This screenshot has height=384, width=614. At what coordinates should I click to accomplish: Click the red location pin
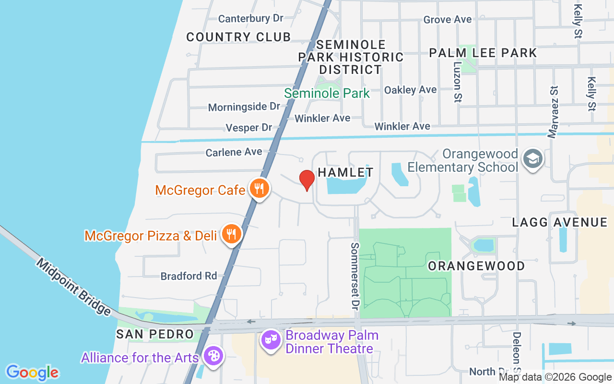tap(307, 180)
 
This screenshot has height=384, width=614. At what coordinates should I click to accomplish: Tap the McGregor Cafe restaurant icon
tap(259, 189)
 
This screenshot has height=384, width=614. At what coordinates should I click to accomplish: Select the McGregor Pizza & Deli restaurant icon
tap(232, 234)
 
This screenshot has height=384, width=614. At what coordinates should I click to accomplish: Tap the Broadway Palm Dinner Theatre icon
tap(271, 340)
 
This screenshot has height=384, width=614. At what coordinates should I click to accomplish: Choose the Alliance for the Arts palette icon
tap(212, 357)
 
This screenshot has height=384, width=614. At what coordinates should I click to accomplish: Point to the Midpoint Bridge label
tap(73, 287)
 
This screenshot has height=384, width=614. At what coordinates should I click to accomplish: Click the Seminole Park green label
tap(327, 93)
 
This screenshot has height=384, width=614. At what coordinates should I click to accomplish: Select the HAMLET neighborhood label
tap(345, 172)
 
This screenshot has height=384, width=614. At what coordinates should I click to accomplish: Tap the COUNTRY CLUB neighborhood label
tap(238, 37)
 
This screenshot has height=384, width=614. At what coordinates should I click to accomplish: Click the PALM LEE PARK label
tap(483, 53)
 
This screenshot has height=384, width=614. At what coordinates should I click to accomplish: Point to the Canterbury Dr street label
tap(250, 19)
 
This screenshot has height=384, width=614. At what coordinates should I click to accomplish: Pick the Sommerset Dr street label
tap(355, 276)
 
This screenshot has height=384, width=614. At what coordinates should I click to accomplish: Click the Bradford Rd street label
tap(189, 276)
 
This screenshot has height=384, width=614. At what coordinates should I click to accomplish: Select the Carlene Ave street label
tap(234, 152)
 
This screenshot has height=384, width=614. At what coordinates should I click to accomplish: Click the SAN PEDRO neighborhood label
tap(155, 334)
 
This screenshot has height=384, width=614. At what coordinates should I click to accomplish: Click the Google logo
tap(32, 372)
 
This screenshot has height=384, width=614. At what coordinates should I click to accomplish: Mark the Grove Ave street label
tap(447, 20)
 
